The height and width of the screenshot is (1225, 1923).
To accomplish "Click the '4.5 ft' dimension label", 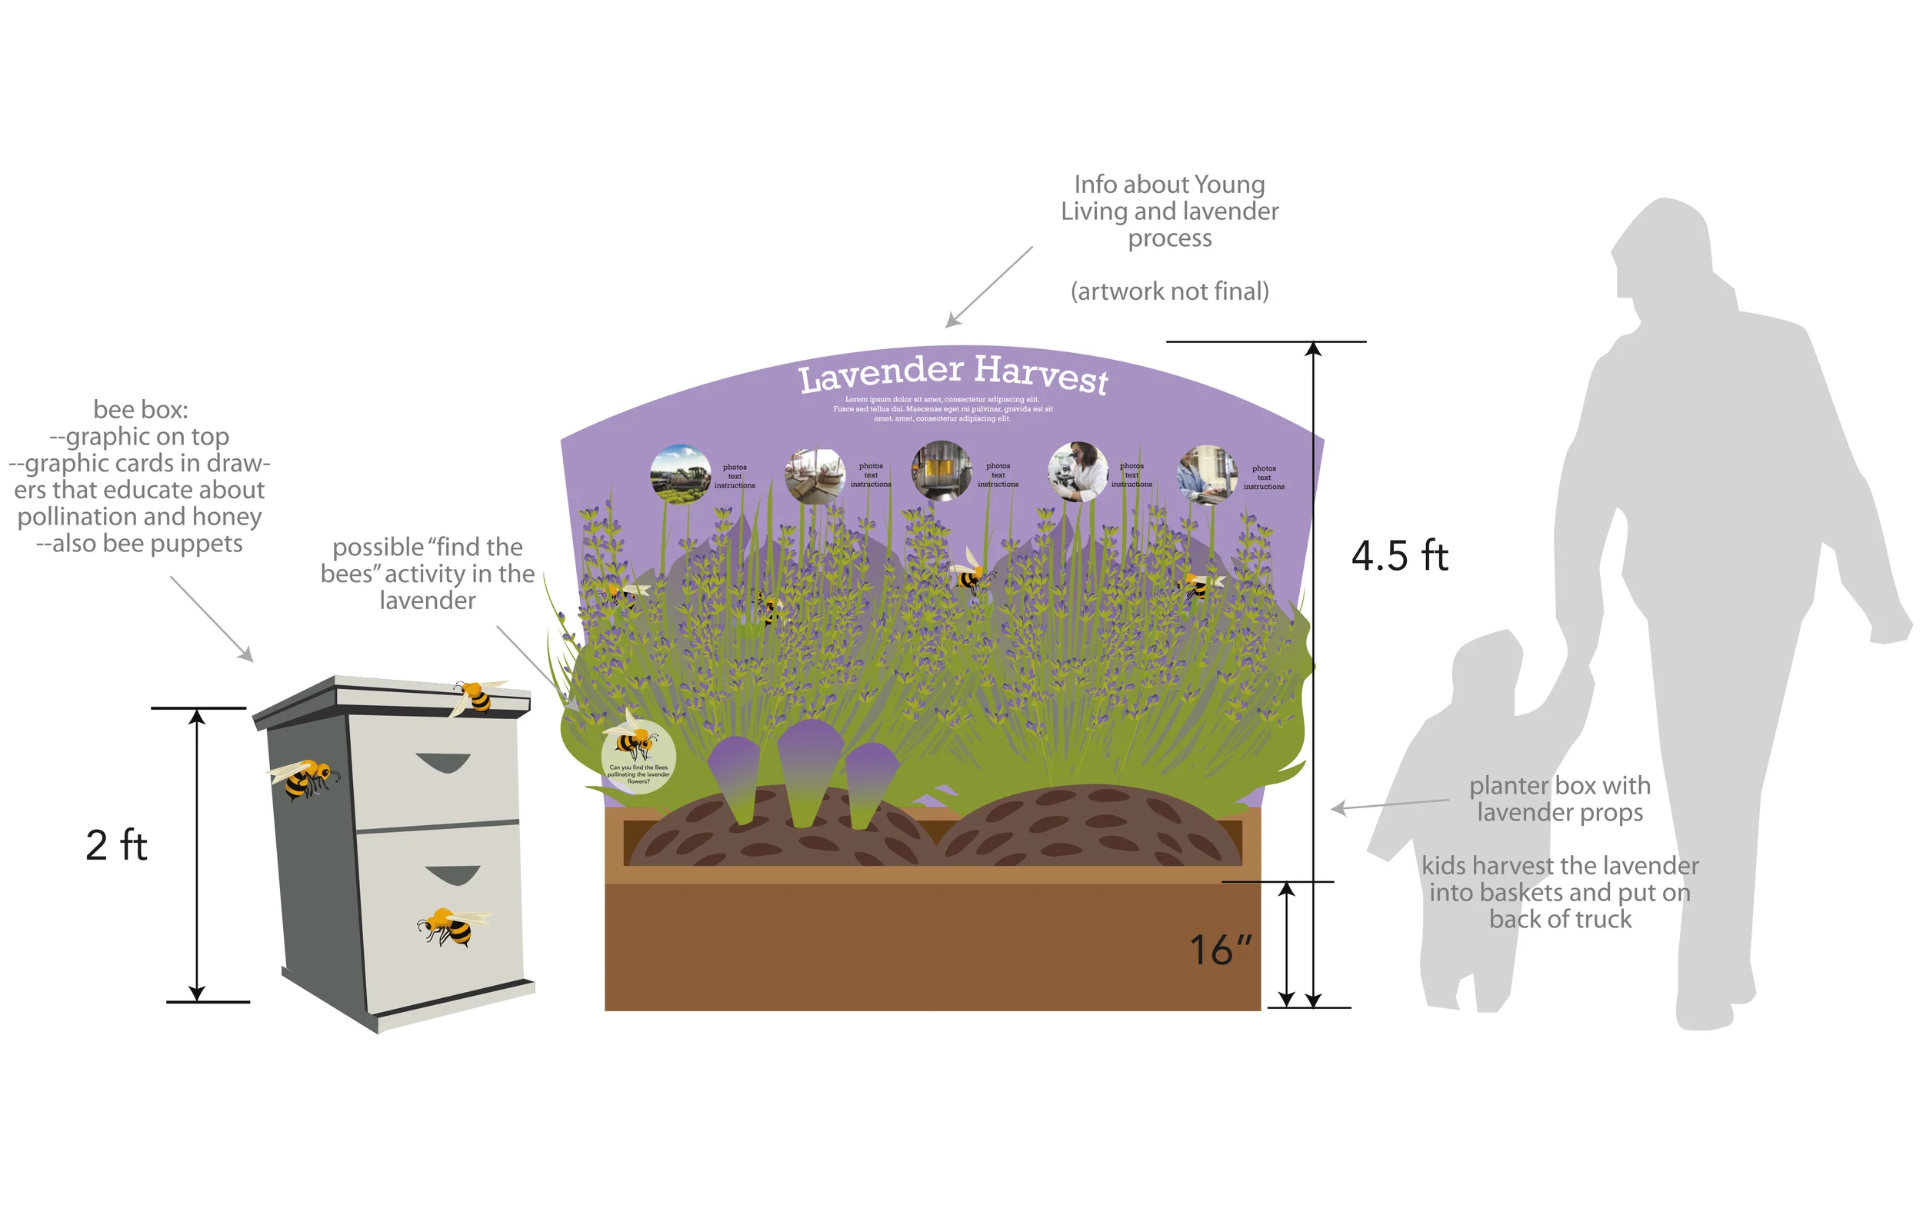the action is click(x=1399, y=556).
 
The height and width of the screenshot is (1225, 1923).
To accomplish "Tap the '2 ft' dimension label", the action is click(x=117, y=845).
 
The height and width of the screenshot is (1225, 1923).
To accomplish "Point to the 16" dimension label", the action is click(x=1219, y=950).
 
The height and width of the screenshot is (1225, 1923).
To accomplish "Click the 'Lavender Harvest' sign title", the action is click(x=953, y=373).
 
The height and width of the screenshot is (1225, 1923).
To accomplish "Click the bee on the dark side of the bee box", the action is click(x=306, y=777).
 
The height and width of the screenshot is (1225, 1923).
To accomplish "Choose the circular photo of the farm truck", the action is click(x=681, y=474).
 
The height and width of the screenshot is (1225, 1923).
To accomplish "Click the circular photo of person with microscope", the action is click(x=1078, y=472).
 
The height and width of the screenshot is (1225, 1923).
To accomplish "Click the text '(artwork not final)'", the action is click(x=1169, y=291).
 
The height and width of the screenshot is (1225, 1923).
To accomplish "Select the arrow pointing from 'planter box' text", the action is click(x=1389, y=805).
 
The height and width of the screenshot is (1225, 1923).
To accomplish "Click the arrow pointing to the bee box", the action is click(x=212, y=619).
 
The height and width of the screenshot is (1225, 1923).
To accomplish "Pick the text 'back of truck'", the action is click(x=1560, y=919).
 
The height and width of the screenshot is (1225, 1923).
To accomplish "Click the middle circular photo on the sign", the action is click(x=942, y=471).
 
